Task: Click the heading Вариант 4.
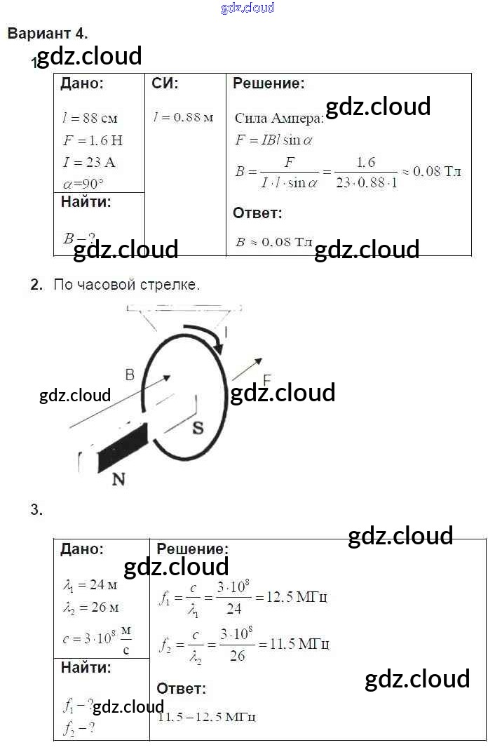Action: point(48,33)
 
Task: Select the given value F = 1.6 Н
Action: point(92,140)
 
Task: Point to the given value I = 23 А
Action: point(89,163)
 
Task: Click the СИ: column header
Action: point(165,84)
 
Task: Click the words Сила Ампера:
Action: point(279,118)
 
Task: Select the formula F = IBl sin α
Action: point(273,140)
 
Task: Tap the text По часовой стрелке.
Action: point(127,285)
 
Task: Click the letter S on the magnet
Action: point(198,427)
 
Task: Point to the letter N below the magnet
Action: point(118,480)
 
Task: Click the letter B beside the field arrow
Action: point(130,375)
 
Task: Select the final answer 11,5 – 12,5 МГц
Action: point(206,717)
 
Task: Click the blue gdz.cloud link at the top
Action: point(247,8)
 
